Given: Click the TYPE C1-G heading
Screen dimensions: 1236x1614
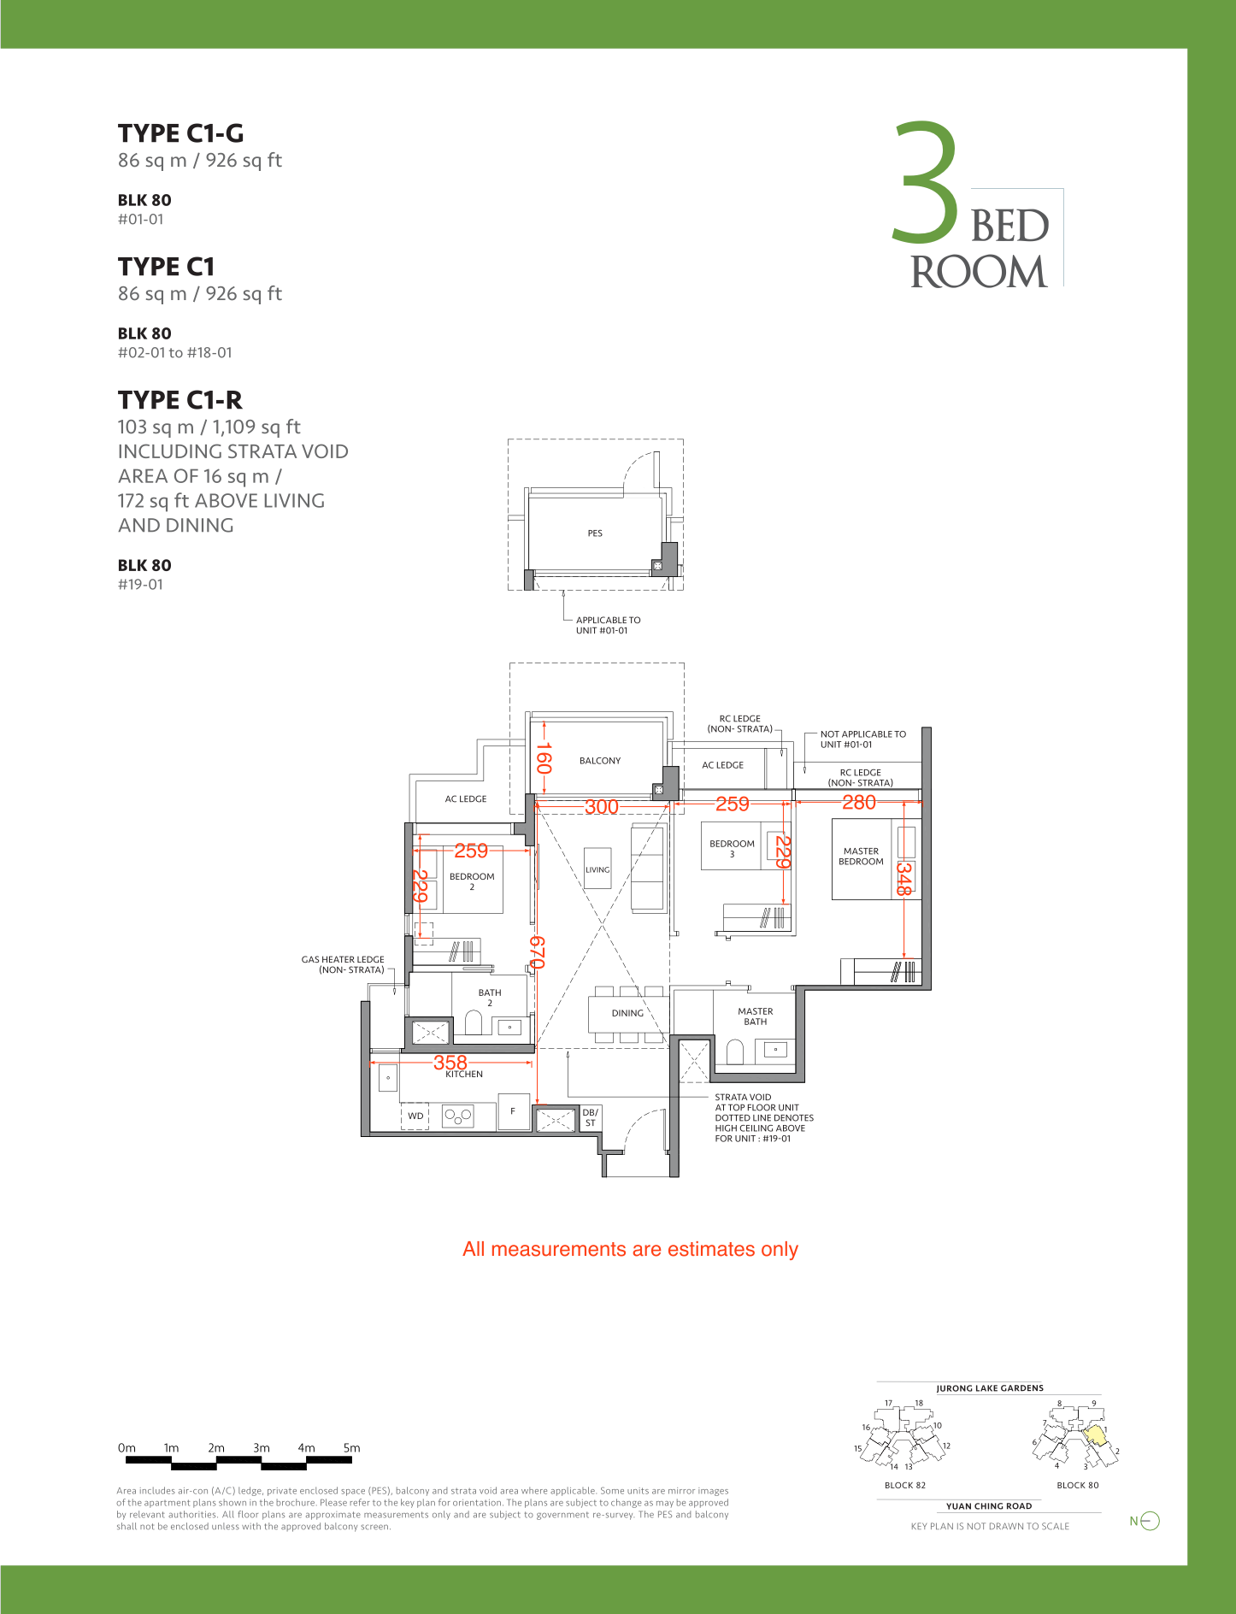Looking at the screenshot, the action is click(x=180, y=133).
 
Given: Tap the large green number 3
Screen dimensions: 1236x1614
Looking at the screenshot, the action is click(x=926, y=180).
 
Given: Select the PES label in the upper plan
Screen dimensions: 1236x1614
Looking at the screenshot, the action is click(x=595, y=533).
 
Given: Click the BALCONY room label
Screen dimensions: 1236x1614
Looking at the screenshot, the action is click(x=600, y=761).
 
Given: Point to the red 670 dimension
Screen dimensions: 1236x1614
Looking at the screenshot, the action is click(x=537, y=952).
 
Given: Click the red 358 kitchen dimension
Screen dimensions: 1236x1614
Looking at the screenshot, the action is click(x=450, y=1062).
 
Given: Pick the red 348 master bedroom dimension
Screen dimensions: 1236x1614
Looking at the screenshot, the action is click(x=903, y=878).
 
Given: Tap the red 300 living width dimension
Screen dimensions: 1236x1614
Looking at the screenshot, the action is click(x=602, y=806).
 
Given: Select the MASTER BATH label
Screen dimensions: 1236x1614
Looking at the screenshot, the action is click(x=756, y=1016).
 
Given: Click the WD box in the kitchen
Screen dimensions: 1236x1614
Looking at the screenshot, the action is click(x=415, y=1116).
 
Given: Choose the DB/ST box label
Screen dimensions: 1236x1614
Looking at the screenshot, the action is click(x=591, y=1118).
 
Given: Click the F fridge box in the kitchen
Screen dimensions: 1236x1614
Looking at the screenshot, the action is click(x=513, y=1111).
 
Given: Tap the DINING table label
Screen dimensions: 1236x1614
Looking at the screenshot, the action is click(x=627, y=1013).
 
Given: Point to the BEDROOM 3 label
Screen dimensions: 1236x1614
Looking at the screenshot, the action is click(x=733, y=849).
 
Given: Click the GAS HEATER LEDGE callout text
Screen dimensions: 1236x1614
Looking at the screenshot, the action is click(x=343, y=964).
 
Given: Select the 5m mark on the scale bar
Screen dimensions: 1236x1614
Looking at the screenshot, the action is click(x=351, y=1448).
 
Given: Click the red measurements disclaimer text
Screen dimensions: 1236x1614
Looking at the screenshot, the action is click(x=630, y=1250).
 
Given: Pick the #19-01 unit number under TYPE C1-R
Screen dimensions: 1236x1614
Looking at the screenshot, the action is click(x=140, y=585).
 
